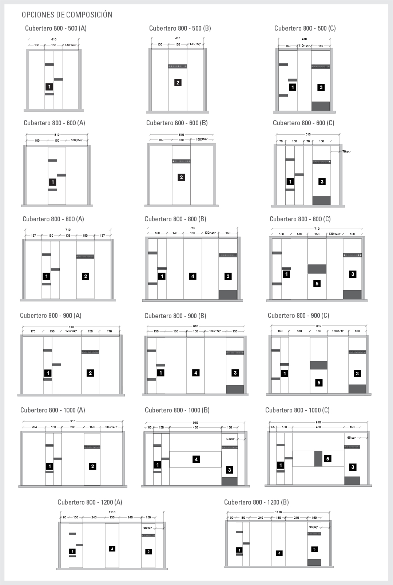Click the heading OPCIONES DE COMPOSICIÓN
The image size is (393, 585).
tap(67, 15)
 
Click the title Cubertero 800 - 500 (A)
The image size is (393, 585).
tap(56, 28)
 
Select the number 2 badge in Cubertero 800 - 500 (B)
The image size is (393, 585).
tap(178, 83)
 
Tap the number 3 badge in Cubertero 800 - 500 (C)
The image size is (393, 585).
tap(321, 87)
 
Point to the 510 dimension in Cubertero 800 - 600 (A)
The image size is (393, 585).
tap(57, 135)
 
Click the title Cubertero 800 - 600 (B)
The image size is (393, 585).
tap(177, 123)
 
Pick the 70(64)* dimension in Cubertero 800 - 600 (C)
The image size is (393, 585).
tap(346, 151)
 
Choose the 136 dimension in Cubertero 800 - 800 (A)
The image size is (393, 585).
tap(68, 236)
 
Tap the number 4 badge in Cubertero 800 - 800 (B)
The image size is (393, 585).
tap(193, 276)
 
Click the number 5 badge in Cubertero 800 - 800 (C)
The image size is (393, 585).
tap(317, 284)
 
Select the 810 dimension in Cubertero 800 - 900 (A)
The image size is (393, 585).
tap(71, 327)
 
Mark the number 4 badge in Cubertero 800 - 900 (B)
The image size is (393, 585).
tap(196, 373)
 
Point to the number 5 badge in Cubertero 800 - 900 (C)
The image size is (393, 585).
tap(319, 383)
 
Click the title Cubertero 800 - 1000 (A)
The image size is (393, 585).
tap(53, 410)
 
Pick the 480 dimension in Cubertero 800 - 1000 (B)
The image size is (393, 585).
tap(195, 427)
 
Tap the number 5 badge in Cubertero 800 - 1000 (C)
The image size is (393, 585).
tap(328, 459)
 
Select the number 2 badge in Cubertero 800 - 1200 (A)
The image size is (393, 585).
tap(148, 552)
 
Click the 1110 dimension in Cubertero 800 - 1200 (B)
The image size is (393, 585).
tap(278, 512)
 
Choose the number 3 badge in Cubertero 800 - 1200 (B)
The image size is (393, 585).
tap(314, 549)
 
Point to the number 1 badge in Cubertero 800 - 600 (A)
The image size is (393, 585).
tap(53, 182)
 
